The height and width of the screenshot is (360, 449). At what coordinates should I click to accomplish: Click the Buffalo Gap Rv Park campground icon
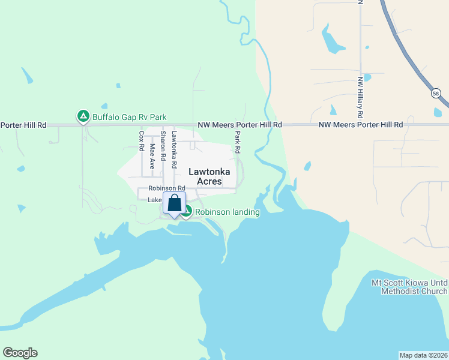click(x=82, y=116)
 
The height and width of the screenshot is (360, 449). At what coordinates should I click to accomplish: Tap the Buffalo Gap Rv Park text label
click(x=128, y=117)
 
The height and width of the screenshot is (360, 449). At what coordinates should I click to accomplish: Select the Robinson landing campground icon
click(x=187, y=211)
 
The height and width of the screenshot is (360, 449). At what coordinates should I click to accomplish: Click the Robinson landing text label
click(x=228, y=212)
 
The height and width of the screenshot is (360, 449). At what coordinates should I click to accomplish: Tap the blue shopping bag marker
click(x=174, y=204)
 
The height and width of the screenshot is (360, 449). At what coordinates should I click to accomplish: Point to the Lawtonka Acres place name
click(x=205, y=176)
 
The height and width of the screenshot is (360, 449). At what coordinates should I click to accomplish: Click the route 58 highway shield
click(x=435, y=93)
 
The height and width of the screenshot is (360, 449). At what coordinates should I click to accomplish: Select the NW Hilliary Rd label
click(x=360, y=97)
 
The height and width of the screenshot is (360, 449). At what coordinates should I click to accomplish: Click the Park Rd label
click(x=238, y=141)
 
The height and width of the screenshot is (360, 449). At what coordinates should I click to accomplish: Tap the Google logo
click(x=20, y=353)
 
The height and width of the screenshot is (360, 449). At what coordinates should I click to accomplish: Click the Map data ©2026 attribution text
click(x=423, y=355)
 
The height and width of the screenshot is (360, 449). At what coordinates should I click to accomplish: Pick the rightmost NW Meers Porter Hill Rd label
click(x=360, y=125)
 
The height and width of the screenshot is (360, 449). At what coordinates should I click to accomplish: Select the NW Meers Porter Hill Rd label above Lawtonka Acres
click(x=240, y=125)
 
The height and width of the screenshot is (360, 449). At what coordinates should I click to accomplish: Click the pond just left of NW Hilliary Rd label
click(x=333, y=110)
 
